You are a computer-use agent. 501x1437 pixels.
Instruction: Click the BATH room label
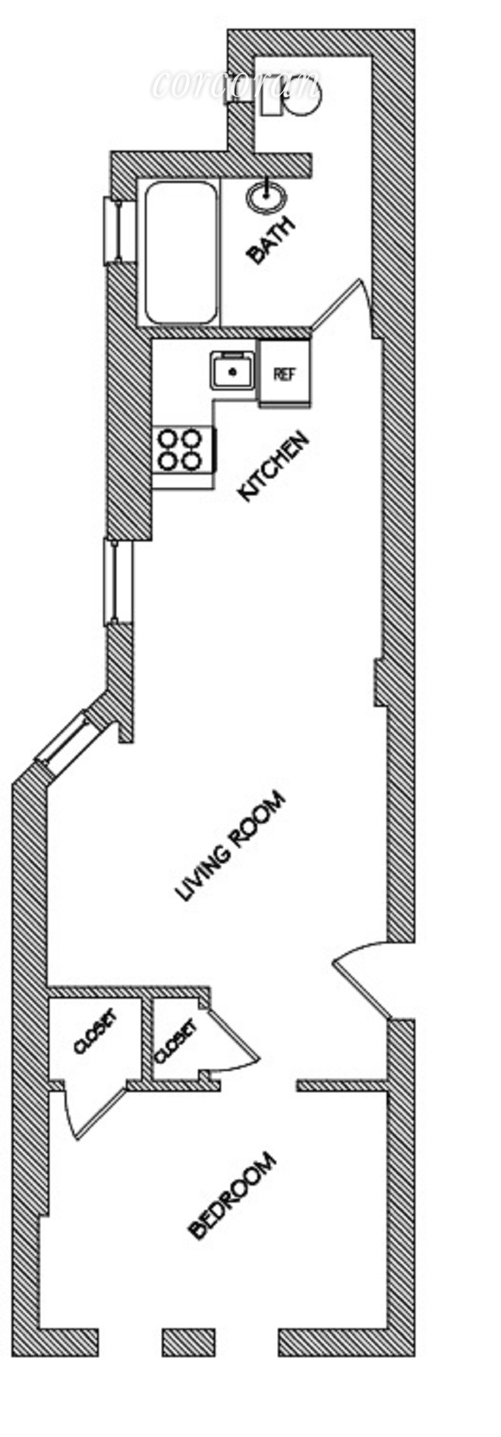270,241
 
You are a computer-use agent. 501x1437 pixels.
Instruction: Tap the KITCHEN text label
274,466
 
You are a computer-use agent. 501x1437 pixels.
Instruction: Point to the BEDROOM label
232,1196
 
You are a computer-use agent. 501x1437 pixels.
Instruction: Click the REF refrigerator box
284,374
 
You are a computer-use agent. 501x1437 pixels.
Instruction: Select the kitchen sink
233,370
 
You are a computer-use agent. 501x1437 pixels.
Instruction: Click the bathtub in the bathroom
181,252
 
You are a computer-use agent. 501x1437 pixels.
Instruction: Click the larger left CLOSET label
96,1031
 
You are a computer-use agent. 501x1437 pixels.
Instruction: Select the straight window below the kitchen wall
118,582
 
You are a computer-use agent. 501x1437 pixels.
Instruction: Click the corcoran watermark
235,84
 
